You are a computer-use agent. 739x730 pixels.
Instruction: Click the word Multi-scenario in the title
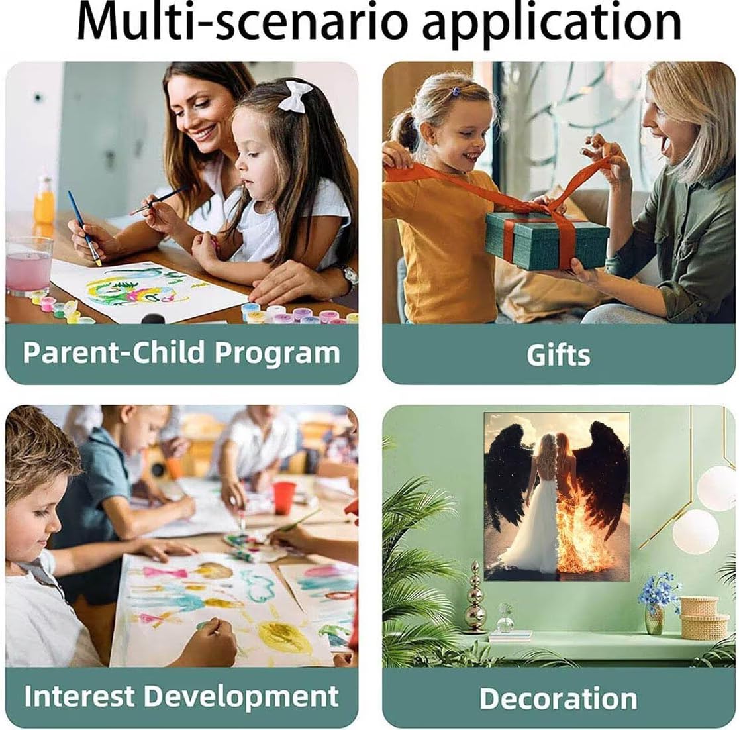(241, 23)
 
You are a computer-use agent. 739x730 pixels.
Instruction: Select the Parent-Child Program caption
(181, 352)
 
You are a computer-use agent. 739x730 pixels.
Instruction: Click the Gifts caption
(558, 354)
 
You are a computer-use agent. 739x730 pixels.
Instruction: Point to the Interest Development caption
(181, 696)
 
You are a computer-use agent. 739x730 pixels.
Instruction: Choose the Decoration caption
(558, 698)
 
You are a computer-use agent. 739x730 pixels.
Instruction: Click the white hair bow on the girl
(295, 96)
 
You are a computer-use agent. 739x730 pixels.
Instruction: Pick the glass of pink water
(28, 266)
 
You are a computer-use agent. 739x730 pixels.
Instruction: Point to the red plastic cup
(284, 497)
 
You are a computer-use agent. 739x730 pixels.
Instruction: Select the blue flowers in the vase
(659, 590)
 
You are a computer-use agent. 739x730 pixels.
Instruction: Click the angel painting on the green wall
(557, 497)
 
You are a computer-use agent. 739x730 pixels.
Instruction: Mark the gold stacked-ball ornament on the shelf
(475, 597)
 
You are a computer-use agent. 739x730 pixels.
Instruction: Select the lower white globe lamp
(695, 531)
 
